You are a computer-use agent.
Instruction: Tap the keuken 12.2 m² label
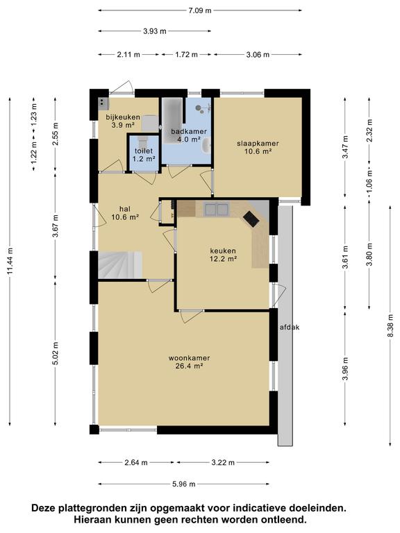[223, 255]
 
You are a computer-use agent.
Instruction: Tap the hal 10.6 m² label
[125, 213]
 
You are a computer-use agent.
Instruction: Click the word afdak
[290, 328]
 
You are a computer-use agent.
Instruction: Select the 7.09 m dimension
[200, 10]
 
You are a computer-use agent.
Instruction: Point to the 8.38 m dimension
[390, 325]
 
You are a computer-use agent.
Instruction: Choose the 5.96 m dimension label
[184, 484]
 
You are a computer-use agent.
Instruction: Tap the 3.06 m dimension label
[258, 54]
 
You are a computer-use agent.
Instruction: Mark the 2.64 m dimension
[136, 463]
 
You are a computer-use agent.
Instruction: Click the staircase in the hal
[120, 265]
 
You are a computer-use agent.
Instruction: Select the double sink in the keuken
[217, 210]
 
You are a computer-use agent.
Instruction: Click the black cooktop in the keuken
[251, 219]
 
